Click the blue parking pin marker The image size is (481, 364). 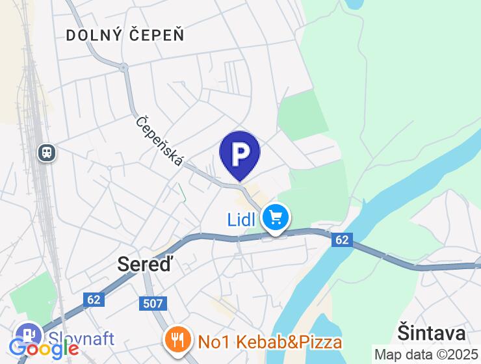[240, 155]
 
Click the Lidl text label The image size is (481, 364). [242, 220]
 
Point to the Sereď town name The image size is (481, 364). [147, 263]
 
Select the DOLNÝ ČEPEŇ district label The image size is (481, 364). [125, 35]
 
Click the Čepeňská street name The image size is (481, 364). [160, 140]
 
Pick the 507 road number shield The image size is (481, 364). [152, 304]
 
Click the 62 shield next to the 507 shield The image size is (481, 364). [94, 300]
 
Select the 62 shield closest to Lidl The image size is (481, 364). [342, 240]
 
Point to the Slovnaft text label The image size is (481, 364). [82, 338]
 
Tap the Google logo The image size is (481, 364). [44, 349]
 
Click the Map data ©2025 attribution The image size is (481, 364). [426, 355]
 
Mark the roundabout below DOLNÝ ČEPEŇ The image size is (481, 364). [123, 67]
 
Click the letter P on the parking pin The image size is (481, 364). [240, 153]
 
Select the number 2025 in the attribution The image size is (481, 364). [462, 355]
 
